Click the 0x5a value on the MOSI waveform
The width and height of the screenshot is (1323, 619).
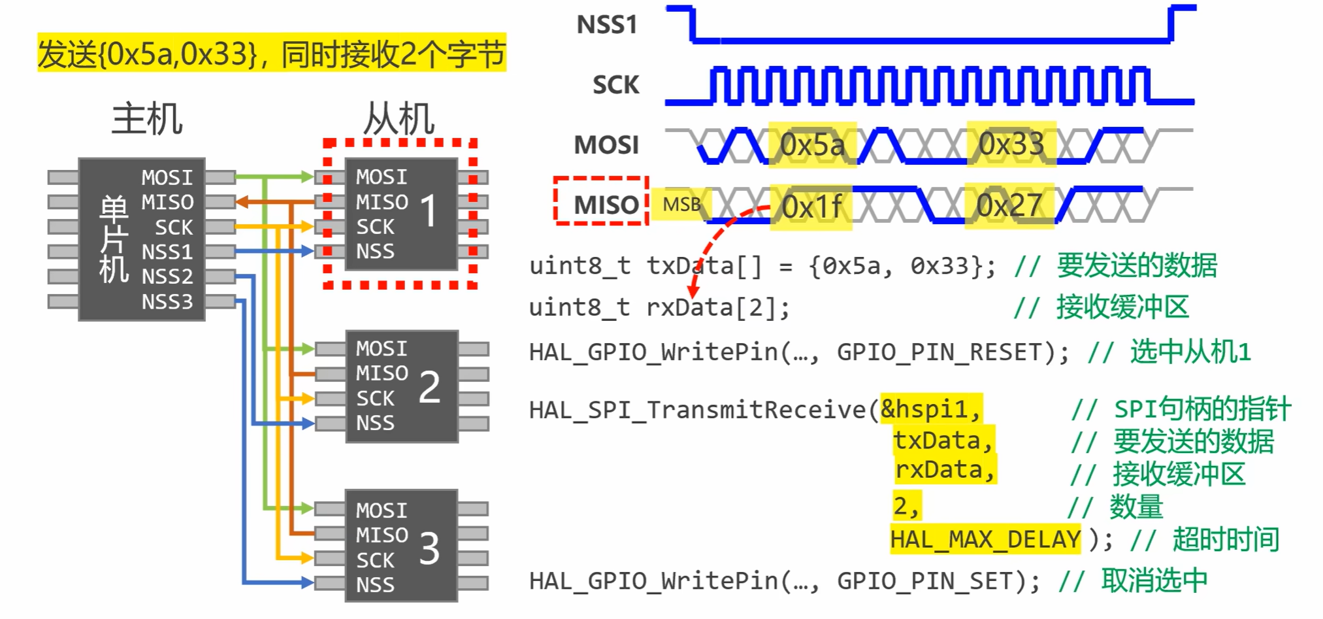[x=812, y=145]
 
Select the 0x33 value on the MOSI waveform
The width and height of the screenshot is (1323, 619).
[x=1011, y=144]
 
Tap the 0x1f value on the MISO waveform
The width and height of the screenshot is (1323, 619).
[x=812, y=207]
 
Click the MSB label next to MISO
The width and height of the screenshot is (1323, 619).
[x=681, y=205]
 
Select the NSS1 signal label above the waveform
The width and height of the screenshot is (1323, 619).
[x=606, y=25]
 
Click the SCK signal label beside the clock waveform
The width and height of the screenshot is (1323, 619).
[x=615, y=85]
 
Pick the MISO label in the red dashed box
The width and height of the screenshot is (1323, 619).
[x=606, y=205]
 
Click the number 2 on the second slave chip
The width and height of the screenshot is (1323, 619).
[x=429, y=386]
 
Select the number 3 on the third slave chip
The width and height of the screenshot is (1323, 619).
[x=429, y=548]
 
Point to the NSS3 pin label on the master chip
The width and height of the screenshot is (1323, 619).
[x=167, y=302]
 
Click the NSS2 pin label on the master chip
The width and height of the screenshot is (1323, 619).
[x=167, y=276]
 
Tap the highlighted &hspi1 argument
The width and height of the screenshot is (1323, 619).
[x=930, y=409]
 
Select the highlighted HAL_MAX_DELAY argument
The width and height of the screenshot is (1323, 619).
[x=985, y=539]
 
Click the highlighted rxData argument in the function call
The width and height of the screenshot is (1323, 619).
[x=944, y=470]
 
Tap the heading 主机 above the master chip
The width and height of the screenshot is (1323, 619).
[x=147, y=118]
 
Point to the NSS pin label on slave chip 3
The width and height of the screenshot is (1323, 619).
[x=375, y=584]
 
